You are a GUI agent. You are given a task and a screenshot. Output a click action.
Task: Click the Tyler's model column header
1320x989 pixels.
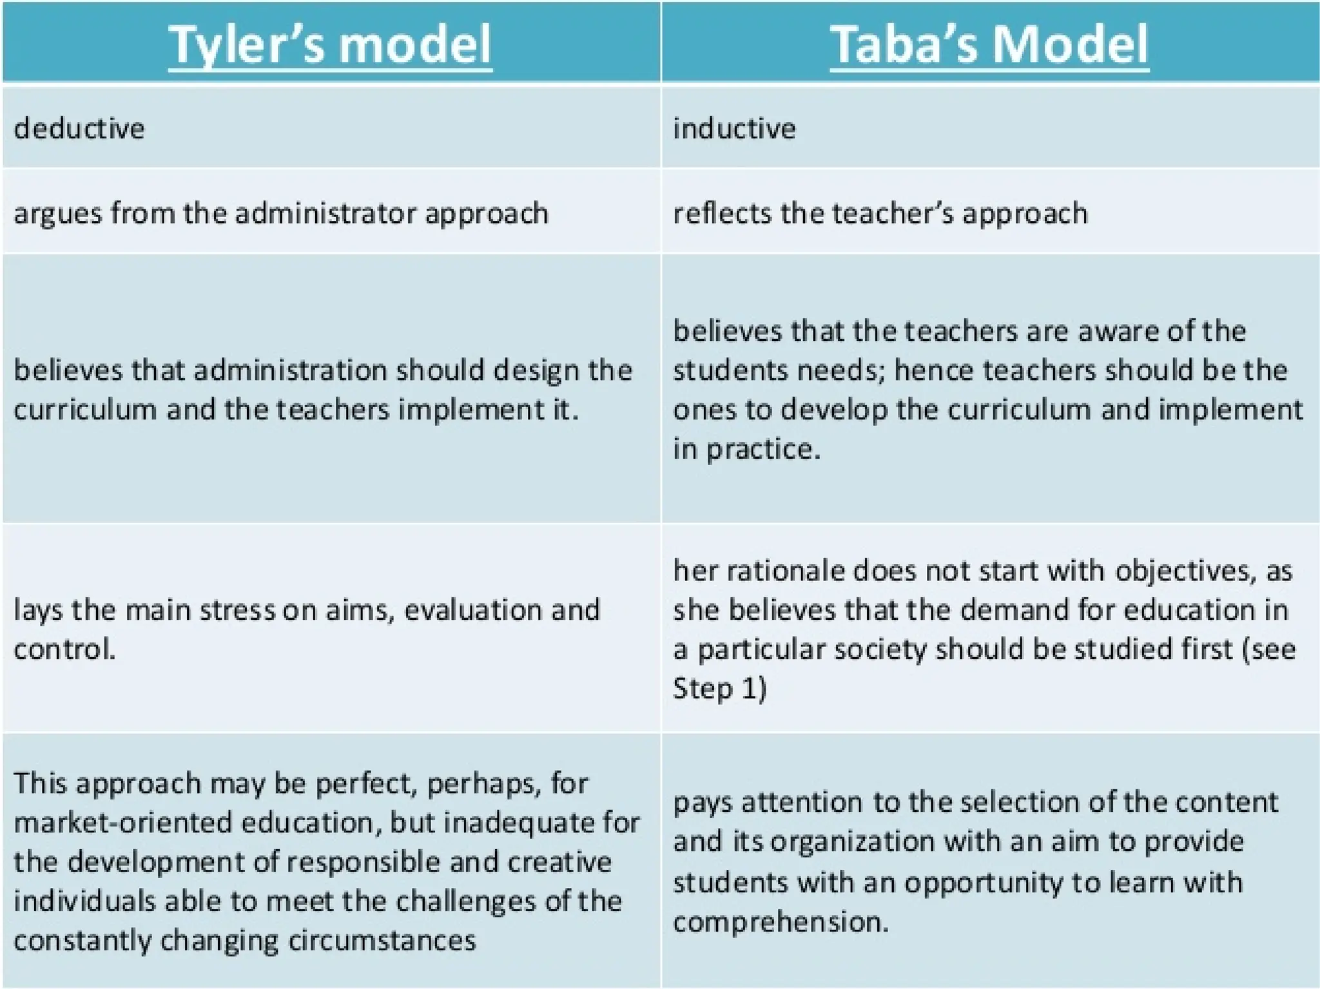click(330, 44)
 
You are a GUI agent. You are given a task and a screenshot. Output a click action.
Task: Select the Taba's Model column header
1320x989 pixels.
click(989, 44)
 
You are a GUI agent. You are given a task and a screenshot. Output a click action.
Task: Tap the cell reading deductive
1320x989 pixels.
click(79, 128)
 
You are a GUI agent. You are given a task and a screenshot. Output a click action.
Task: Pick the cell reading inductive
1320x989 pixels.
click(734, 128)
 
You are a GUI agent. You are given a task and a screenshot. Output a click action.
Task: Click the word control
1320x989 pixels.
click(64, 649)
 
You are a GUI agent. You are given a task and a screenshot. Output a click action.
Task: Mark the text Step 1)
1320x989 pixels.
click(719, 689)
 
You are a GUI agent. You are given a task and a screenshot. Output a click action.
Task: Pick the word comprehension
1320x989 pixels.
click(781, 921)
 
